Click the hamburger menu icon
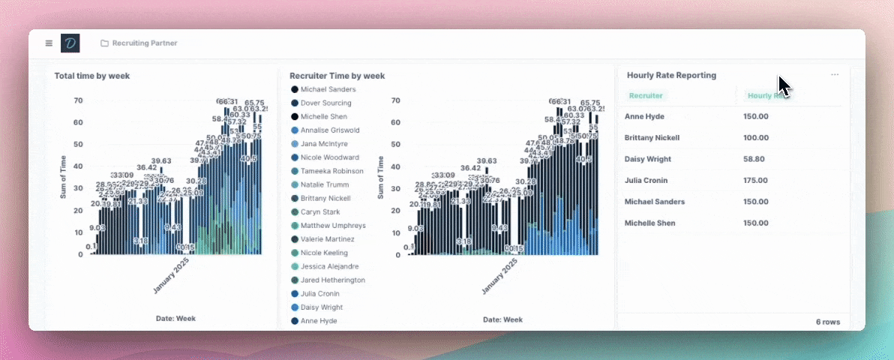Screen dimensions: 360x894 [49, 43]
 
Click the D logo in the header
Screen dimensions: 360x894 [70, 43]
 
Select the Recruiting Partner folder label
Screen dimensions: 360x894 [145, 43]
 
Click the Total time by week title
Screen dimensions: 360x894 [92, 76]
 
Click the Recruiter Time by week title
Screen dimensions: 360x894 [337, 76]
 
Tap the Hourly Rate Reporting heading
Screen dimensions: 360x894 [671, 75]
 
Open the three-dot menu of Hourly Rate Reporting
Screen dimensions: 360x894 [835, 75]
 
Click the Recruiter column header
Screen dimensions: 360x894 [646, 95]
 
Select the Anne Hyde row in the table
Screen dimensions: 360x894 [644, 116]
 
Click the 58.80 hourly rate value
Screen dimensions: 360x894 [755, 159]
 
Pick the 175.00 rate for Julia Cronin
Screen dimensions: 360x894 [755, 180]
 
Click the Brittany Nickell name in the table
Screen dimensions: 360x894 [652, 138]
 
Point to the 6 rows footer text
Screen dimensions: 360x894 [828, 322]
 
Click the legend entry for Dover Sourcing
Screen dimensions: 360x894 [325, 103]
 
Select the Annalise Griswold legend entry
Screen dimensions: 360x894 [330, 130]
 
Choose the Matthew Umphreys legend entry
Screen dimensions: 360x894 [333, 226]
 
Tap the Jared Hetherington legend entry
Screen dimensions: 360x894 [333, 280]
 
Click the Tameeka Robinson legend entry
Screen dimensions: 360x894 [332, 171]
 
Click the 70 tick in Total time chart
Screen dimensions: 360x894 [78, 100]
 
